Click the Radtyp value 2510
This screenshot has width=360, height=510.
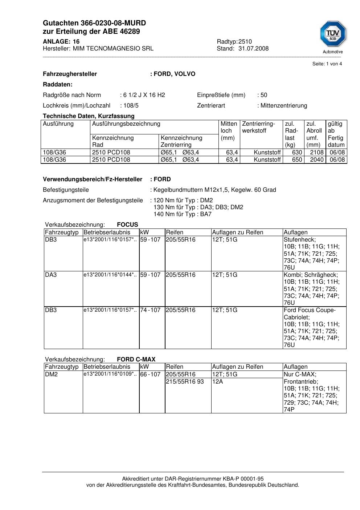(245, 41)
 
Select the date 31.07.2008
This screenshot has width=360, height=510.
(253, 48)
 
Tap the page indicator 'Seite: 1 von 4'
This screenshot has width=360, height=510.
(327, 64)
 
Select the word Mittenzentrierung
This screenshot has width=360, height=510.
(284, 106)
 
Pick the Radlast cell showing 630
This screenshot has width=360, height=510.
(297, 153)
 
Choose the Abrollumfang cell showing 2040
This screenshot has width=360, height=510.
(316, 160)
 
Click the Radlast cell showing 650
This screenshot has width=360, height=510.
(297, 160)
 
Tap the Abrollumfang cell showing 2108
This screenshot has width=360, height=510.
(316, 153)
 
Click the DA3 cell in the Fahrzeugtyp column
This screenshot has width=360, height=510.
(51, 275)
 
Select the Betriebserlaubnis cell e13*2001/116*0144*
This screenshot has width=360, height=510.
(110, 275)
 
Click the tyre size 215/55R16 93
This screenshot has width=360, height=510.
(185, 382)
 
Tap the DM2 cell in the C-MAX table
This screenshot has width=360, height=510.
(51, 375)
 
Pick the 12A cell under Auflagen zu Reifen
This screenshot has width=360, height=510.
(217, 382)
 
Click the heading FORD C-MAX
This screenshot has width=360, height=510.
(136, 359)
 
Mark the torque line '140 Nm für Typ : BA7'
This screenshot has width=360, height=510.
(183, 214)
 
